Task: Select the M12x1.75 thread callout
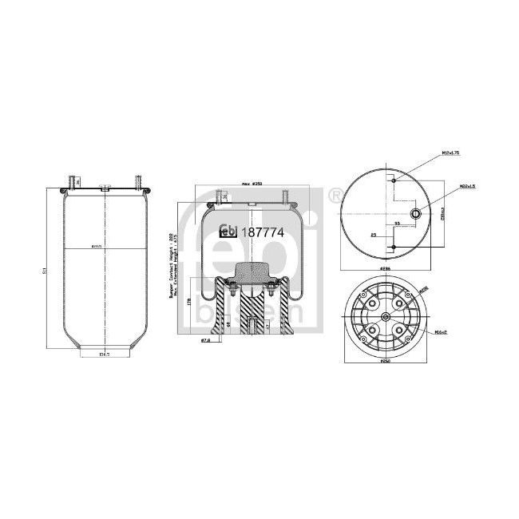[451, 152]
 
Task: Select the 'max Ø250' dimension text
[252, 184]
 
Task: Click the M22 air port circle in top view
[415, 213]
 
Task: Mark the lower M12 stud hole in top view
[394, 248]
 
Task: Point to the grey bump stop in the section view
[253, 274]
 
